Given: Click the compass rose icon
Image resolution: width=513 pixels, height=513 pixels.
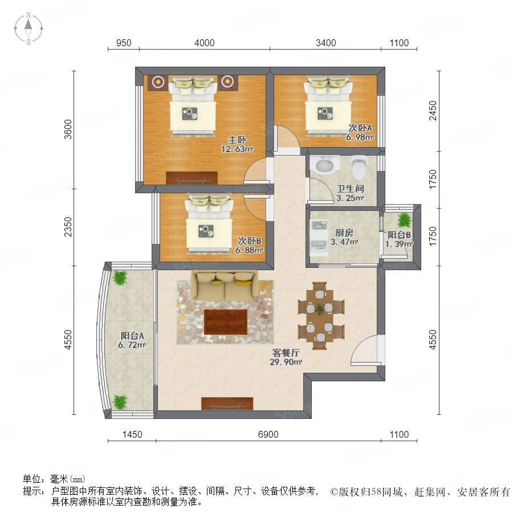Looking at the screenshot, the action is point(28,28).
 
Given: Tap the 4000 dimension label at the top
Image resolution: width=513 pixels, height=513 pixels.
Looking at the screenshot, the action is point(205,43).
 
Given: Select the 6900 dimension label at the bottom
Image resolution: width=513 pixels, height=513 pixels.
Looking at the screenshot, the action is point(268,434).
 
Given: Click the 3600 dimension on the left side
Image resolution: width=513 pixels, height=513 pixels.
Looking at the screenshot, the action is point(68,129).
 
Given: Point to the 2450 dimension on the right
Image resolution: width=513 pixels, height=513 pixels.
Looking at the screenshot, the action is point(433,111).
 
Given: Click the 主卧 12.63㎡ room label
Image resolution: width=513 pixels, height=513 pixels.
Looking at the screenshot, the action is point(237,145).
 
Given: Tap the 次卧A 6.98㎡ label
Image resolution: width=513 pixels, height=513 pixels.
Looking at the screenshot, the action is point(360,132).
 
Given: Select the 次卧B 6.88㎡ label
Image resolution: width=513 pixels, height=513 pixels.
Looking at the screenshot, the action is point(249,245).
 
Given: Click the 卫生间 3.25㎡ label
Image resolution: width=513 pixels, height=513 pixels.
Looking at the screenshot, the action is point(350,193).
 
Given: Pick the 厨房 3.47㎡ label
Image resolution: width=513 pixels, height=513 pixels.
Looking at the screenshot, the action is point(344,238).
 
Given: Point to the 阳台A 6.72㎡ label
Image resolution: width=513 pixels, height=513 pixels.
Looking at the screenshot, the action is point(132,340).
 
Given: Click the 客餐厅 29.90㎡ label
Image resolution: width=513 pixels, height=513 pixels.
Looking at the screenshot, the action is point(286,357).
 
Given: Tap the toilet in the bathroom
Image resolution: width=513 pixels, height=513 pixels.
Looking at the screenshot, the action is point(359,167).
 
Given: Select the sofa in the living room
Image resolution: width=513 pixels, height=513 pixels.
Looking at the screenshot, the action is point(225,286).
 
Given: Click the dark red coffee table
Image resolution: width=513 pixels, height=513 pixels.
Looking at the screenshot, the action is point(225,322).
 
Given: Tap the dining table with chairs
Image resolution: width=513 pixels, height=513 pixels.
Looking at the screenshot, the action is point(320,316).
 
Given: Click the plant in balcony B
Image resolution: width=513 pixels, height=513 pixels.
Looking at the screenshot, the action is point(404,220).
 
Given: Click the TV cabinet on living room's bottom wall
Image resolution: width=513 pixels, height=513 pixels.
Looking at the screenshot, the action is point(227,404).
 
